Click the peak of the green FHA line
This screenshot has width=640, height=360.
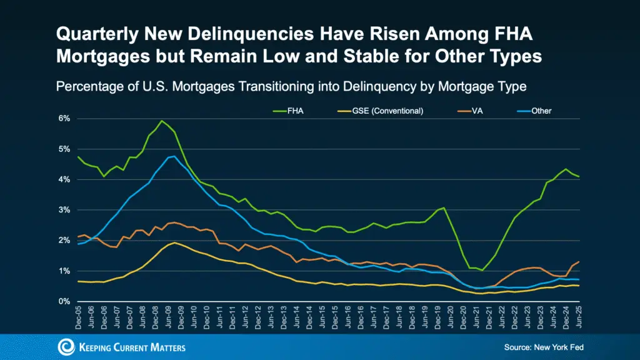pyautogui.click(x=162, y=121)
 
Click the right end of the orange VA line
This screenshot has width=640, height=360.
pyautogui.click(x=579, y=262)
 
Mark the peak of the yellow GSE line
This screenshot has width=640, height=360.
pyautogui.click(x=174, y=242)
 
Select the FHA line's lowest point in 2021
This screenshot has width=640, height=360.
pyautogui.click(x=482, y=270)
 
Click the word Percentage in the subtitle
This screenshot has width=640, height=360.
pyautogui.click(x=89, y=86)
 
